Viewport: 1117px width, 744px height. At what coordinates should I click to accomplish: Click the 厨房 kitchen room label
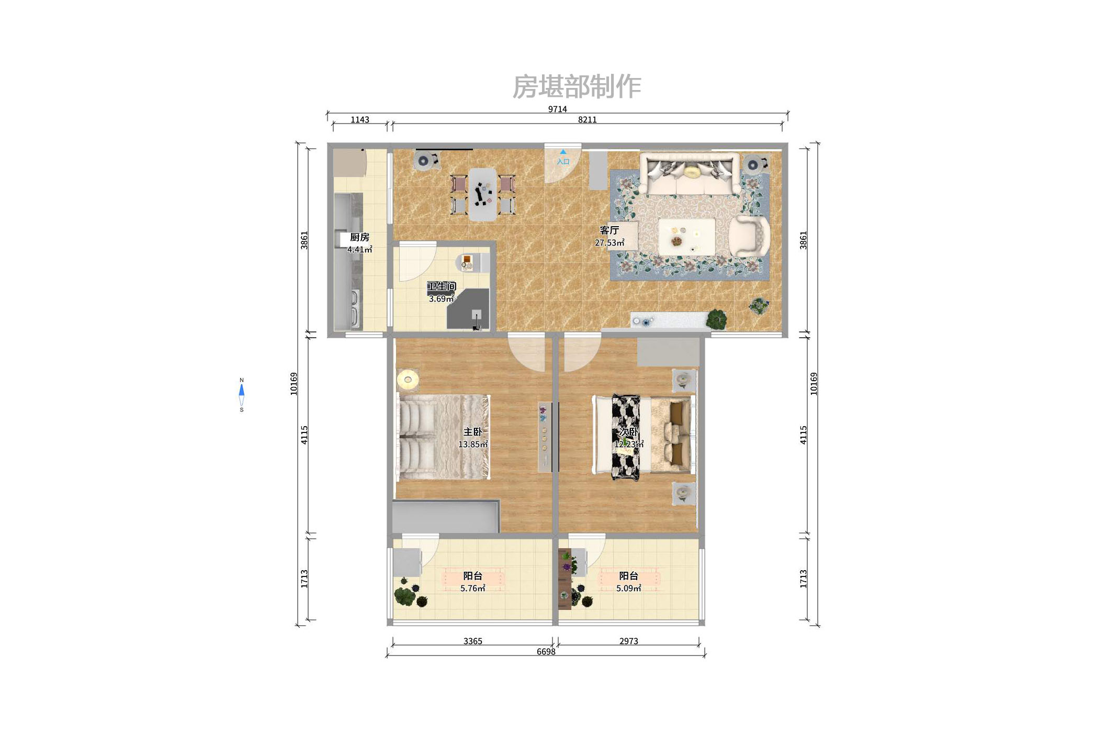tap(359, 237)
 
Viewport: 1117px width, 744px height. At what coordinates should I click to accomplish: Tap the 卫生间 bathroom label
tap(442, 286)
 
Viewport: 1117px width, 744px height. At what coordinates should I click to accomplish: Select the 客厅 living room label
tap(609, 230)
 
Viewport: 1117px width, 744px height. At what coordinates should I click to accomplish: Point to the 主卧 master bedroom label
tap(472, 432)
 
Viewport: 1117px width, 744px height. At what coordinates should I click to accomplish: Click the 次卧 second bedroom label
tap(628, 432)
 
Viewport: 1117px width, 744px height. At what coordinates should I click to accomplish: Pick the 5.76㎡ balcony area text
tap(472, 588)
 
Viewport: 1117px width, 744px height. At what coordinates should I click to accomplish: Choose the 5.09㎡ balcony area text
tap(628, 588)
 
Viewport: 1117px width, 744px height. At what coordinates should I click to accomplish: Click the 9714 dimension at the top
tap(557, 109)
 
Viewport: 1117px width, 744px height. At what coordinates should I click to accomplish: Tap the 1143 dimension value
tap(359, 120)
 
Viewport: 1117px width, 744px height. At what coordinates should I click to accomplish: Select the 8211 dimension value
tap(587, 120)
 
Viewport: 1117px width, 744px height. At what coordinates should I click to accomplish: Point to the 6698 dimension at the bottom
tap(546, 652)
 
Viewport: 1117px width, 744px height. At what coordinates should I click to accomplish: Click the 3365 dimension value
tap(472, 641)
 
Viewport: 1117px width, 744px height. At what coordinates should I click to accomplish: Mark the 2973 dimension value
tap(628, 641)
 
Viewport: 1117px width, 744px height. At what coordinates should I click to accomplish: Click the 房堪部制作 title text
tap(577, 87)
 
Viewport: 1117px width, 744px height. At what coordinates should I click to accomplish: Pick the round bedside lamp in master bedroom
tap(408, 380)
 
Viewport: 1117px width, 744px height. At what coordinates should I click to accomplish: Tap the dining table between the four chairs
tap(482, 194)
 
